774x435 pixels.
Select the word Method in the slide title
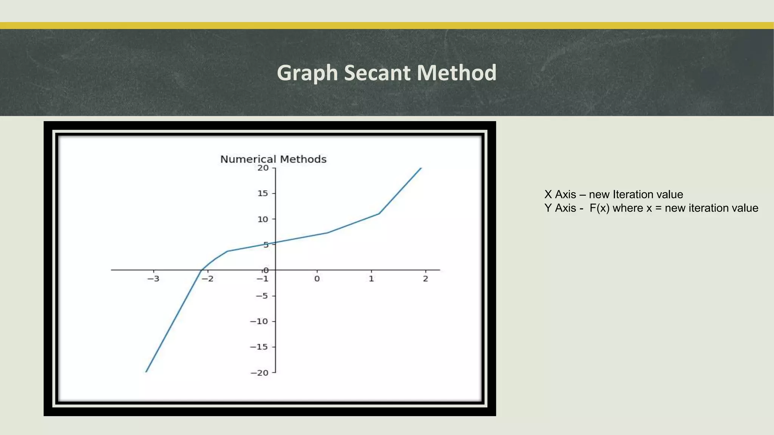(x=457, y=72)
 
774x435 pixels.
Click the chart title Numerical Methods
(x=273, y=159)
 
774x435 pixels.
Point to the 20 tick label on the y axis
(x=263, y=168)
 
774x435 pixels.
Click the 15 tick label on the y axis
(x=263, y=194)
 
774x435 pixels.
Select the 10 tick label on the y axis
(x=263, y=219)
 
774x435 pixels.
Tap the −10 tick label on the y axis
(x=259, y=322)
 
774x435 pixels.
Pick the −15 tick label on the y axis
(x=259, y=347)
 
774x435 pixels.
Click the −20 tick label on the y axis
(x=259, y=373)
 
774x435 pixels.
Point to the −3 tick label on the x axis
(x=153, y=279)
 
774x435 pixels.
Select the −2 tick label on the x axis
(x=207, y=279)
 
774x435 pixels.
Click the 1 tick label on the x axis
(x=371, y=279)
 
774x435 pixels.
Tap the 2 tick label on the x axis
(x=426, y=279)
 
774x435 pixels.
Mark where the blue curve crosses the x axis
(x=201, y=270)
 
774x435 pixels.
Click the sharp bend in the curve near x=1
(x=379, y=214)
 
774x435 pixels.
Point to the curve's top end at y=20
(x=421, y=168)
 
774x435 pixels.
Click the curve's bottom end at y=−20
(x=146, y=372)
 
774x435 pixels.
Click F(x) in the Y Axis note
(x=599, y=208)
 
